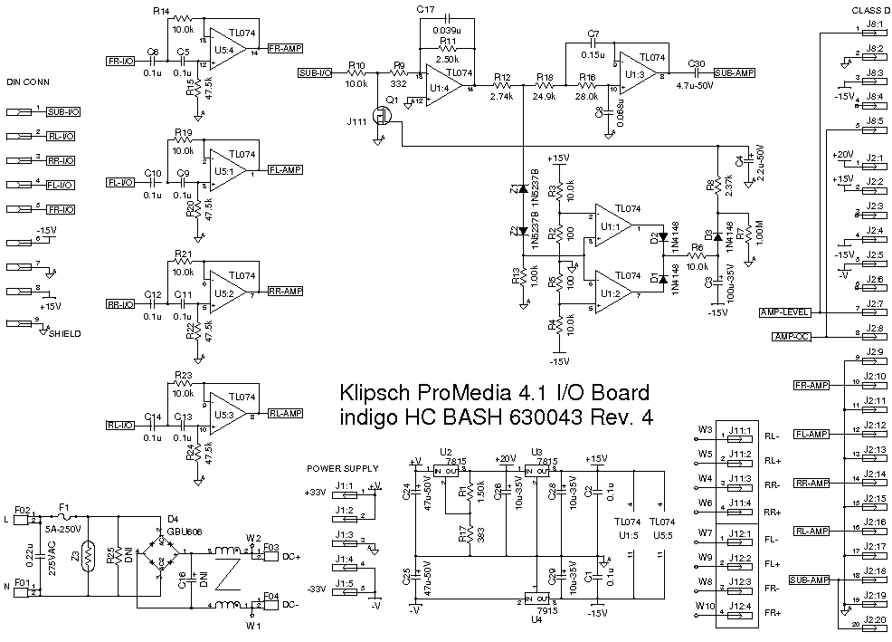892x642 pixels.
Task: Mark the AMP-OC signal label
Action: pyautogui.click(x=791, y=337)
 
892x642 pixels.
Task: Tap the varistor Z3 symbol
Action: pyautogui.click(x=87, y=553)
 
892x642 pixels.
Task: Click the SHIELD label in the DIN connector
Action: pyautogui.click(x=63, y=333)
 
